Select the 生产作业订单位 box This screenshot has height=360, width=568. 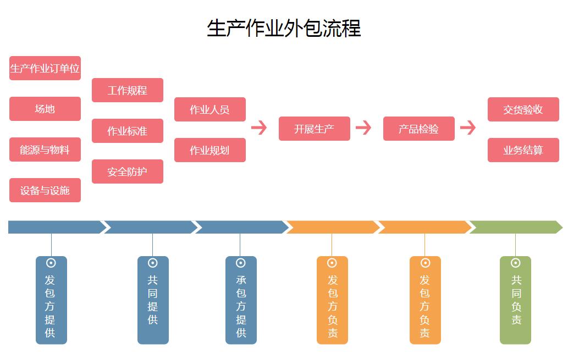coord(45,69)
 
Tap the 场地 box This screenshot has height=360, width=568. coord(45,109)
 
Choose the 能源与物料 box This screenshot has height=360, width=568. coord(45,149)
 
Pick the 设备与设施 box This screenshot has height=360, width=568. coord(45,190)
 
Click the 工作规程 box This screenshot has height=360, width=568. coord(128,90)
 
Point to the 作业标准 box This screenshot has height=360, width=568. coord(128,131)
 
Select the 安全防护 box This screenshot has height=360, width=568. coord(128,171)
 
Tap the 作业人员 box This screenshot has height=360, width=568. coord(210,109)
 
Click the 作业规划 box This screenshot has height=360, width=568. coord(210,150)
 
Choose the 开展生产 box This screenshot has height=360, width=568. coord(315,129)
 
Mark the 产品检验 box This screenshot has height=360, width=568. coord(419,129)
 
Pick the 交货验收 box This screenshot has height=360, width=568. coord(523,109)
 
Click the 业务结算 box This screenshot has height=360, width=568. coord(523,150)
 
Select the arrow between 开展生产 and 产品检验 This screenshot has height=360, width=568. coord(363,128)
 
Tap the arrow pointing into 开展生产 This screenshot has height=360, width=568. coord(259,128)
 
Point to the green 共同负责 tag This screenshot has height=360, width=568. coord(516,300)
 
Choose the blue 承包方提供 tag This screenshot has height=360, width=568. coord(241,300)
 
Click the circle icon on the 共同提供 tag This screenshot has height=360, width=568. coord(153,263)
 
